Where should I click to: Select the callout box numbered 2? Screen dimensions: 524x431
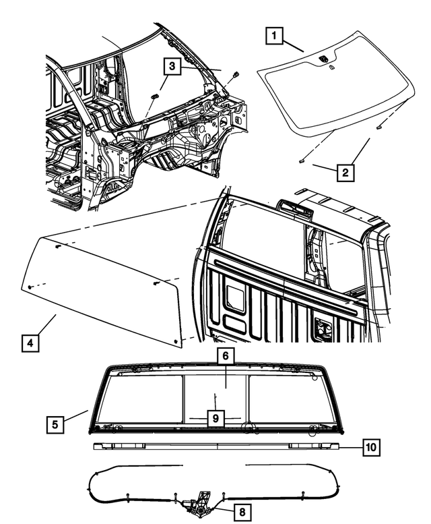tap(345, 173)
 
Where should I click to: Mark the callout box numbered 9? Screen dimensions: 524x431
tap(215, 419)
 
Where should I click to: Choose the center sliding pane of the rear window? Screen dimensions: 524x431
tap(215, 391)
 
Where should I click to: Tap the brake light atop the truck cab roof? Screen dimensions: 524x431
tap(295, 209)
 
